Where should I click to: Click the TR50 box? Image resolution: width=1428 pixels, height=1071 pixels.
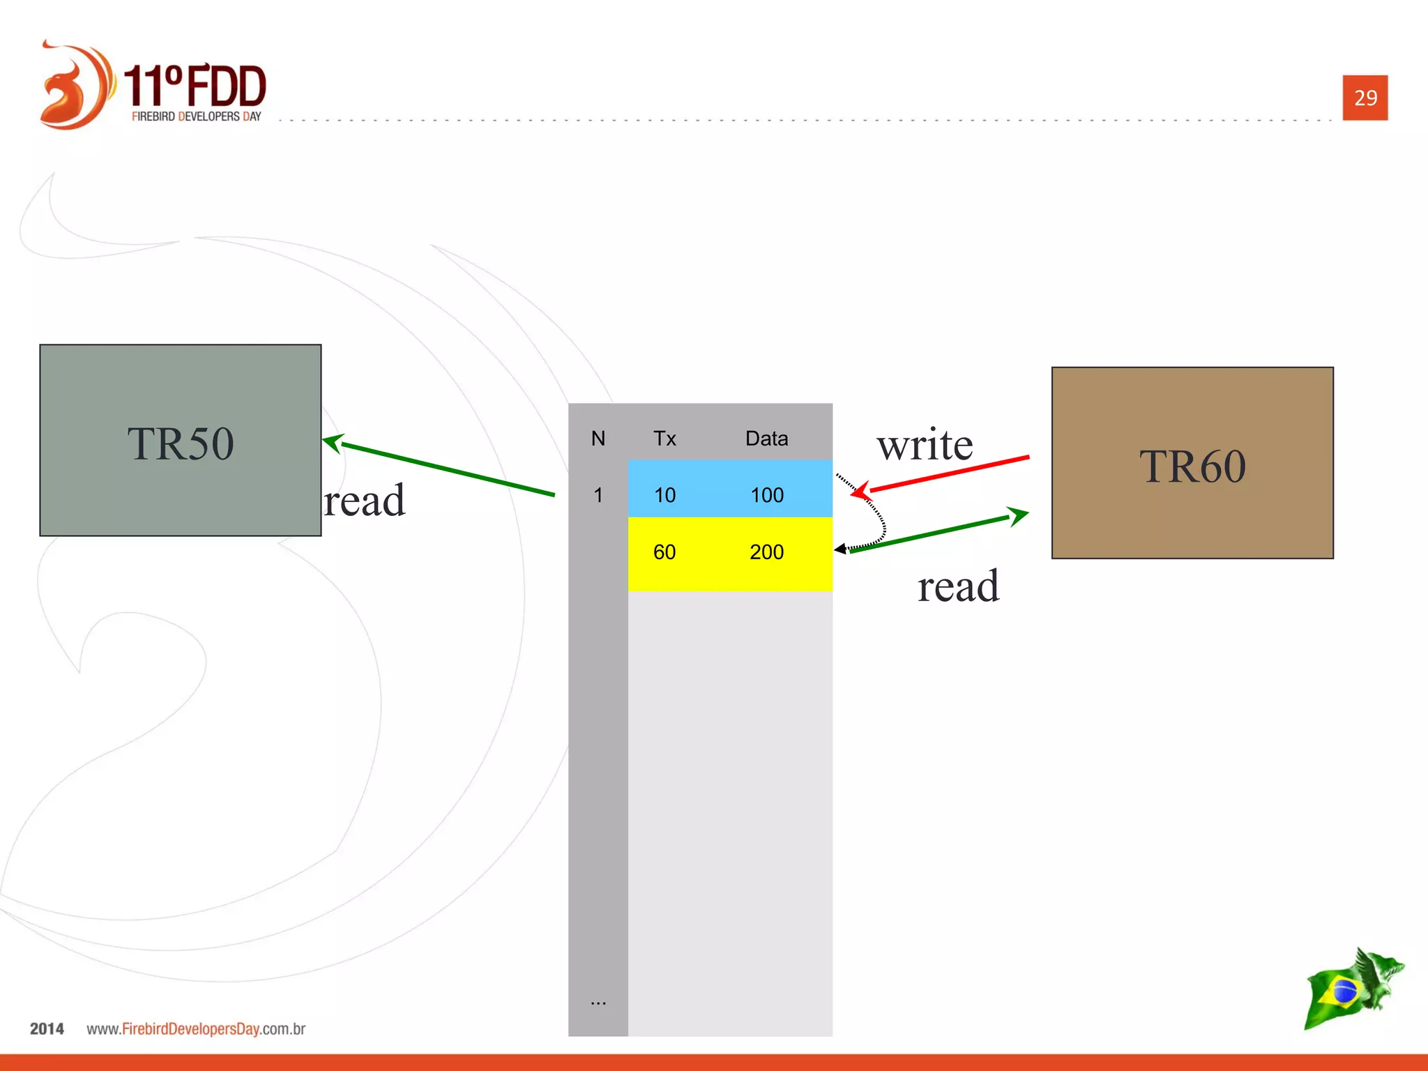coord(180,440)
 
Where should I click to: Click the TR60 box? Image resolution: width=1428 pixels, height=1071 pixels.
coord(1192,463)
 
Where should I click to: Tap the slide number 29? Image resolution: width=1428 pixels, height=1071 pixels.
coord(1365,98)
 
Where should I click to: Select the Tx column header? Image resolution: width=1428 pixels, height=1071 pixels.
coord(664,439)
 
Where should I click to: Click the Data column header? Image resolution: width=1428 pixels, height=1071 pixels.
coord(766,439)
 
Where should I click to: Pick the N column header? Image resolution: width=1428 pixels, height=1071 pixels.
coord(598,439)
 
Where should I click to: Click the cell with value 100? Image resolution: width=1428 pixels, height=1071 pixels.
coord(767,495)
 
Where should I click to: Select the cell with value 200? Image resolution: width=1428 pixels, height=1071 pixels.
coord(766,552)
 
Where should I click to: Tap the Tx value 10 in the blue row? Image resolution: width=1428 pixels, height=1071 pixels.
coord(664,495)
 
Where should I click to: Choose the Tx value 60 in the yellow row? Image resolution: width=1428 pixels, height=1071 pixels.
coord(664,552)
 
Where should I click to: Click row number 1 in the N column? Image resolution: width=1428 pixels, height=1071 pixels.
coord(598,495)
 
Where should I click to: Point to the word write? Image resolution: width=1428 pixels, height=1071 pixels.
coord(925,445)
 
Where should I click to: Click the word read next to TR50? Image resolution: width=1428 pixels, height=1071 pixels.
coord(365,501)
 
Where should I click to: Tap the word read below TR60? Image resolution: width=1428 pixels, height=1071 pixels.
coord(958,586)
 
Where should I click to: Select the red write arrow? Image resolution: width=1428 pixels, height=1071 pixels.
coord(948,474)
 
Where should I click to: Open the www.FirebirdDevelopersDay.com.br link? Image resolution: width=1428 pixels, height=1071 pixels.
coord(196,1029)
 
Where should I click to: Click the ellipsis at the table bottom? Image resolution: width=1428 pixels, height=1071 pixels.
coord(598,1002)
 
